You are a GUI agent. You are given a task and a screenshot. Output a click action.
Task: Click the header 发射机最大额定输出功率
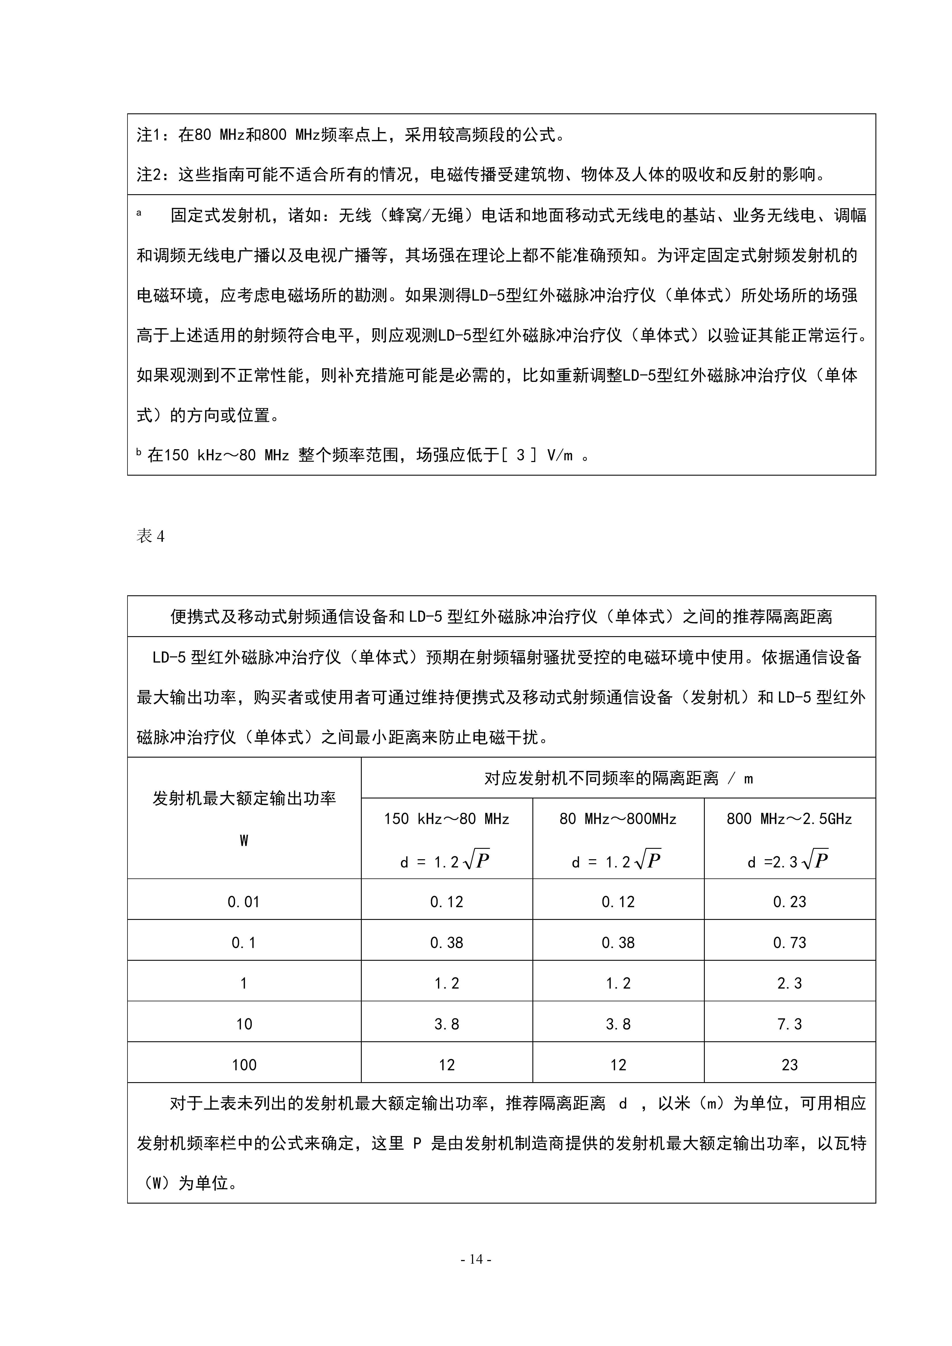(244, 798)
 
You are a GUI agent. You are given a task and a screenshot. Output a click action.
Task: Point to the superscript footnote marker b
(139, 452)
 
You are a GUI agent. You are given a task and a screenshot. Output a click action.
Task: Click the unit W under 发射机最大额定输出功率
(244, 841)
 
